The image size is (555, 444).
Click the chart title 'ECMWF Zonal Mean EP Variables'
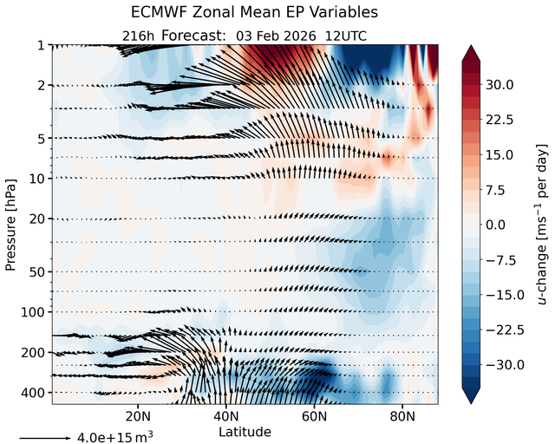(254, 12)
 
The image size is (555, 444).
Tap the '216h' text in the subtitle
(138, 36)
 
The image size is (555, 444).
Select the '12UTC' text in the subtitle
(346, 36)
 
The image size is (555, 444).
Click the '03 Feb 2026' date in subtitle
(276, 36)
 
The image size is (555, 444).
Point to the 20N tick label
(138, 416)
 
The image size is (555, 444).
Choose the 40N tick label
(225, 416)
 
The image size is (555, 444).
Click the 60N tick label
(314, 416)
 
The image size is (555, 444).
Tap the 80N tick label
(402, 416)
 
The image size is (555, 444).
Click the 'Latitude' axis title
(245, 432)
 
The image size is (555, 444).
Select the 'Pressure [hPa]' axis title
(11, 225)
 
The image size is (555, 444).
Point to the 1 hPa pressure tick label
(42, 46)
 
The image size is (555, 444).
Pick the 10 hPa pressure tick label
(37, 179)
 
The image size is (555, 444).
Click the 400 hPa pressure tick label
(33, 393)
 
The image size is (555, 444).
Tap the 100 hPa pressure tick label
(33, 313)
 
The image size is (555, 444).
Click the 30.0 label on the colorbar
(499, 85)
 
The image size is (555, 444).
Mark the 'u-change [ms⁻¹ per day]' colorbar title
(542, 225)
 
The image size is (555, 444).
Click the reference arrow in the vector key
(45, 438)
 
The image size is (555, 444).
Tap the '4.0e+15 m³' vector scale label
(115, 437)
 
